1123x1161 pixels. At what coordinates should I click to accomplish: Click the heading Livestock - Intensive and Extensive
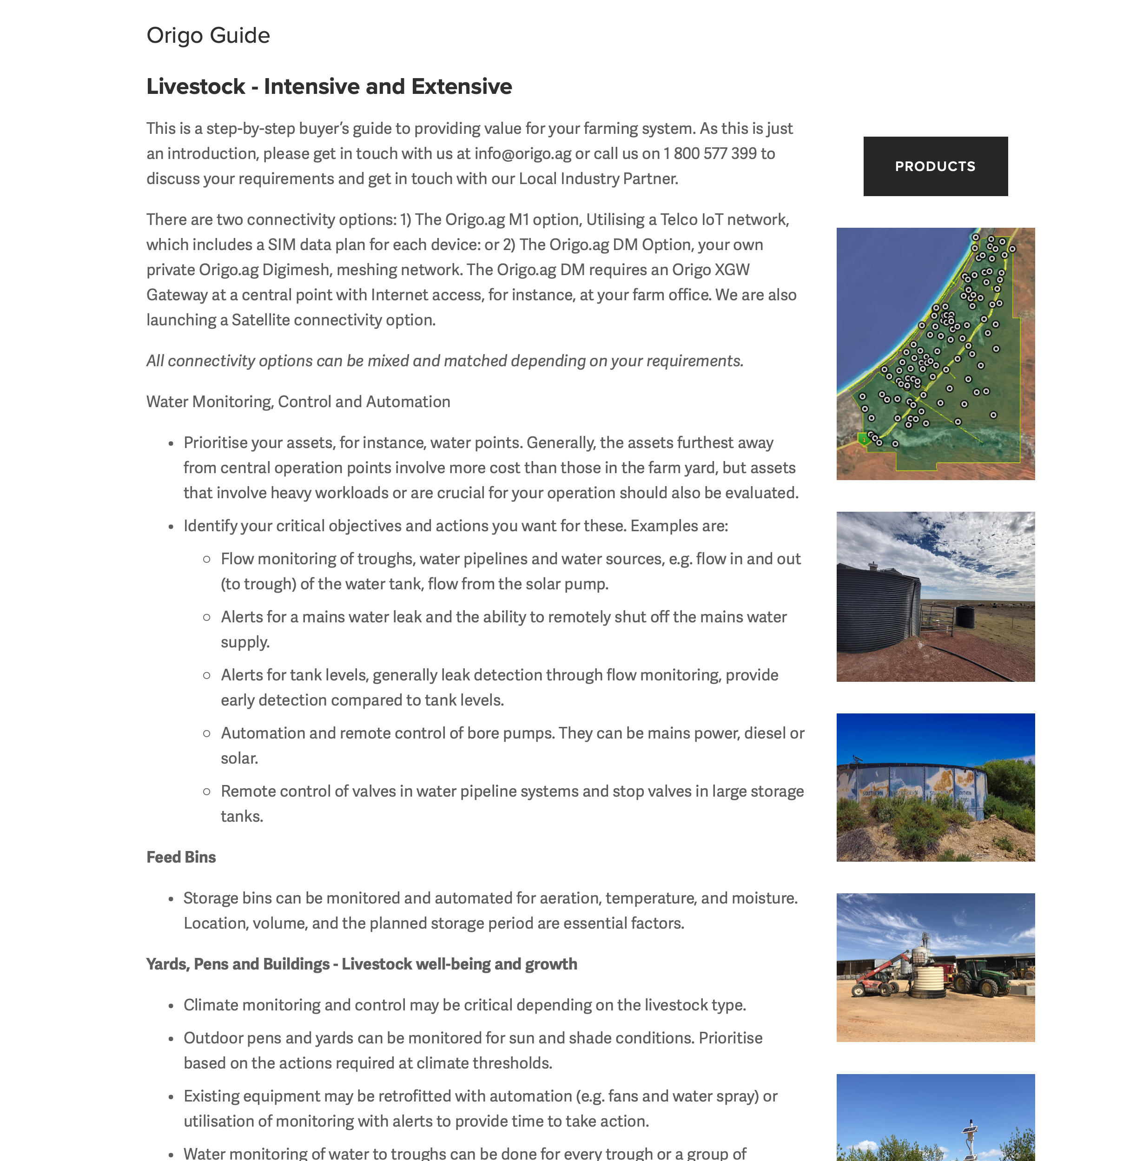pyautogui.click(x=329, y=86)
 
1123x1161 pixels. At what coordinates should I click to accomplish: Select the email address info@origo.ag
pyautogui.click(x=522, y=153)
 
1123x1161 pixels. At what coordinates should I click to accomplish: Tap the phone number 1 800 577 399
pyautogui.click(x=710, y=153)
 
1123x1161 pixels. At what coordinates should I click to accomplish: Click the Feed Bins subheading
pyautogui.click(x=181, y=857)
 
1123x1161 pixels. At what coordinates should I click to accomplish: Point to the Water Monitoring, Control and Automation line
pyautogui.click(x=298, y=402)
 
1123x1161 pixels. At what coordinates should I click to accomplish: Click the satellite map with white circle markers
pyautogui.click(x=935, y=354)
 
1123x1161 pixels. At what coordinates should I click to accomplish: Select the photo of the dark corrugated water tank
pyautogui.click(x=935, y=596)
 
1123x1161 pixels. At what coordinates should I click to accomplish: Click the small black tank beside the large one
pyautogui.click(x=965, y=617)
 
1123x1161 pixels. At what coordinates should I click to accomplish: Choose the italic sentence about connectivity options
pyautogui.click(x=444, y=361)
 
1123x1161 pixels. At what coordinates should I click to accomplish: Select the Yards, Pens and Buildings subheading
pyautogui.click(x=361, y=964)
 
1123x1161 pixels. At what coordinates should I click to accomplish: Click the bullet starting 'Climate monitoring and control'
pyautogui.click(x=464, y=1005)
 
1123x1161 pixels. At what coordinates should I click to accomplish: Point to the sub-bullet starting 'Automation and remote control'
pyautogui.click(x=512, y=733)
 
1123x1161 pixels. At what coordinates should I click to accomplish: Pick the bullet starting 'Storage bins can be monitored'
pyautogui.click(x=490, y=898)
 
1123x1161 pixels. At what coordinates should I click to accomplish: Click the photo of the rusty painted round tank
pyautogui.click(x=935, y=787)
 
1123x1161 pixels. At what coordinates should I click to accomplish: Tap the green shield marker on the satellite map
pyautogui.click(x=864, y=439)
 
